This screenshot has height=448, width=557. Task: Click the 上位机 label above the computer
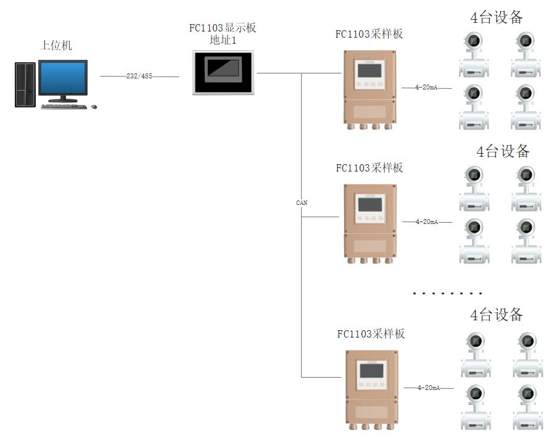tap(56, 46)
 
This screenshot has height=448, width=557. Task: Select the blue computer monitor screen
tap(63, 78)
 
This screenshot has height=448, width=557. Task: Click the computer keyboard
tap(64, 106)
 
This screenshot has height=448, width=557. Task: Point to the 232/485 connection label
tap(139, 77)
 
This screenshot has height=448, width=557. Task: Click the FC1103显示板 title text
tap(223, 28)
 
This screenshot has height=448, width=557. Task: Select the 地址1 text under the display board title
tap(223, 41)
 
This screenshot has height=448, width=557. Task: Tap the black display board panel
tap(223, 72)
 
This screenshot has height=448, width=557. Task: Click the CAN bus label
tap(302, 202)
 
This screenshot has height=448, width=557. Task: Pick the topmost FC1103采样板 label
tap(369, 34)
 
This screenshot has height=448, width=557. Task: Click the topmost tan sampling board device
tap(369, 88)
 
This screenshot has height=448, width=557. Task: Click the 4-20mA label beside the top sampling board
tap(427, 88)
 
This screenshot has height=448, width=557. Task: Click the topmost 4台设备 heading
tap(497, 17)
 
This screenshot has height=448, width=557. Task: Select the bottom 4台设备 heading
tap(497, 315)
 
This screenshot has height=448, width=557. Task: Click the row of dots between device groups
tap(448, 294)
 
